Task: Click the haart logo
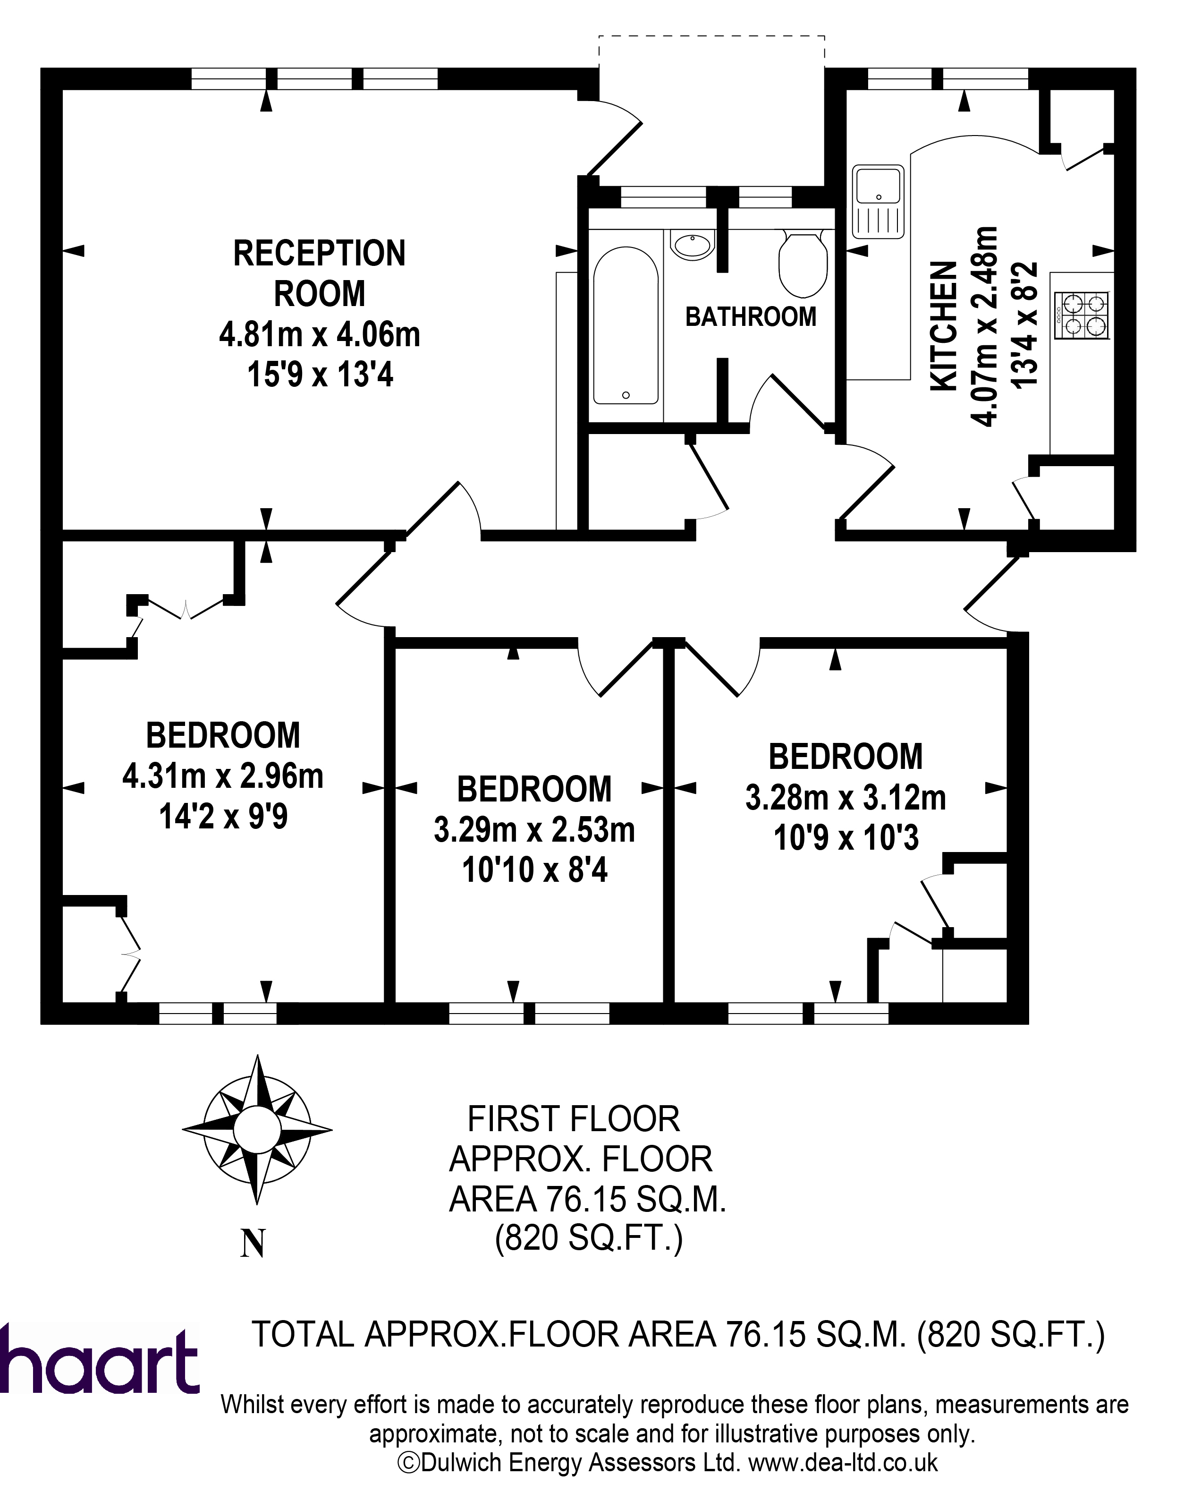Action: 99,1358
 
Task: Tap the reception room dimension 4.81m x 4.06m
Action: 320,335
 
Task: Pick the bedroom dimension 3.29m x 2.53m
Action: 534,829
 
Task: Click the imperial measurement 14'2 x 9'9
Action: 223,816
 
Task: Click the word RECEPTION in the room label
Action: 320,254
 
